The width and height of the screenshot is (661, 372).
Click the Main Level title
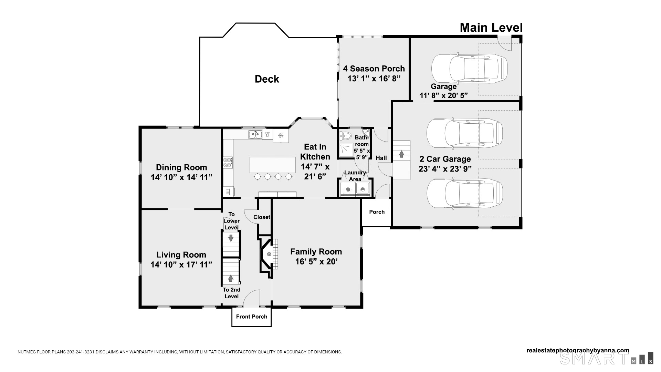point(491,28)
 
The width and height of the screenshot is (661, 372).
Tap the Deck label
point(267,79)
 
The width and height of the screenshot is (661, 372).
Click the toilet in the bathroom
point(345,136)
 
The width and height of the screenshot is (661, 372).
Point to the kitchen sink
point(255,134)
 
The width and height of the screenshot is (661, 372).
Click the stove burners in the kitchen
point(228,162)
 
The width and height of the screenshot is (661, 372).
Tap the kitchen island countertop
point(272,165)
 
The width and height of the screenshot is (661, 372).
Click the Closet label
point(262,217)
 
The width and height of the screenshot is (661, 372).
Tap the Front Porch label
point(251,317)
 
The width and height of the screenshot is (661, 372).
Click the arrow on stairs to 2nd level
point(231,278)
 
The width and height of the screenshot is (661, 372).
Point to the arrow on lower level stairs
point(231,238)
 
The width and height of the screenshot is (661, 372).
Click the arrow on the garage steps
point(401,154)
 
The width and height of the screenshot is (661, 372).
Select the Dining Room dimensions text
point(181,177)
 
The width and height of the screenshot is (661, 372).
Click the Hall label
point(381,158)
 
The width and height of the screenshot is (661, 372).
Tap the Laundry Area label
point(355,176)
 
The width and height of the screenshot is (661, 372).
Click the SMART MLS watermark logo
point(606,358)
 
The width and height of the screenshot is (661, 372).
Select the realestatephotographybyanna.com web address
point(578,350)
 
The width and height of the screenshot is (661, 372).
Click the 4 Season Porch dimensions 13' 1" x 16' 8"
point(374,79)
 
